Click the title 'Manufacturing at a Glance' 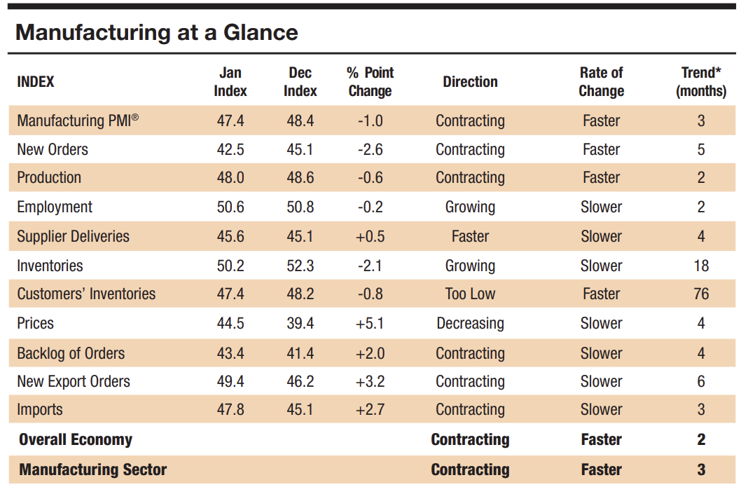point(157,33)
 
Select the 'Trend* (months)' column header point(701,82)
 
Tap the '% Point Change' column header point(370,82)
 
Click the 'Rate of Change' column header point(601,82)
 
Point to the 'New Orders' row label point(53,149)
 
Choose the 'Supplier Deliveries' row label point(74,236)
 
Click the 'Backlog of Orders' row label point(71,353)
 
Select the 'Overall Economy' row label point(76,439)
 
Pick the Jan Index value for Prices point(230,323)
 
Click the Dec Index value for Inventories point(300,266)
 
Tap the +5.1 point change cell point(370,323)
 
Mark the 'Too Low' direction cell point(470,294)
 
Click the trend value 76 point(701,294)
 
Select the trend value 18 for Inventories point(701,266)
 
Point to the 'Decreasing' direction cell point(470,323)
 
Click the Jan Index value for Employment point(230,207)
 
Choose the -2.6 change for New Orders point(370,149)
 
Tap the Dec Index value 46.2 point(300,381)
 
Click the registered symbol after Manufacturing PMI point(135,117)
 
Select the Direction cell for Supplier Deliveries point(470,236)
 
